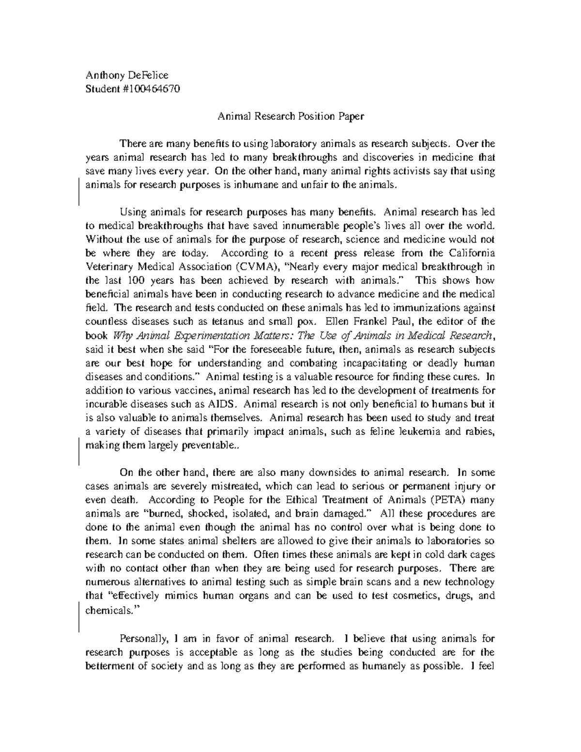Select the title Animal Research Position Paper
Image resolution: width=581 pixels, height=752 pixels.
pos(290,116)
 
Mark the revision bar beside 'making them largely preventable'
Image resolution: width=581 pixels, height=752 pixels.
pos(79,450)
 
